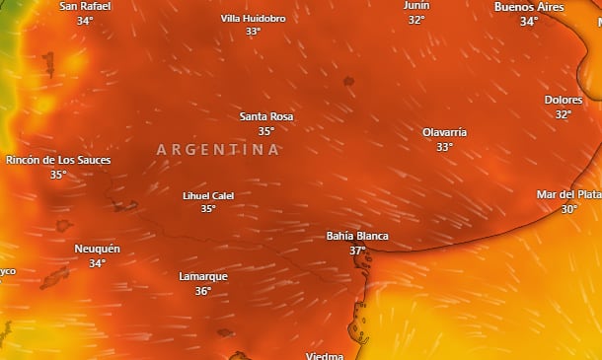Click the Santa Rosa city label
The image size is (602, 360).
coord(266,116)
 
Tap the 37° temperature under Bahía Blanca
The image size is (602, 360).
coord(357,251)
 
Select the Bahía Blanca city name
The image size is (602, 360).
coord(357,237)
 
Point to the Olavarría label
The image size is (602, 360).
coord(444,132)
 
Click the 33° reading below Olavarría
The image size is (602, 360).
coord(444,147)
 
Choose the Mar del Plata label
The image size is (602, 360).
coord(568,194)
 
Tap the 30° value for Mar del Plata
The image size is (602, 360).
coord(569,209)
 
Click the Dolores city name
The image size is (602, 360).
coord(563,100)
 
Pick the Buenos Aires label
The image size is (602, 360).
coord(529,7)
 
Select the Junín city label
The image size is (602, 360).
coord(416,6)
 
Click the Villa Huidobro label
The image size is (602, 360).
coord(253,18)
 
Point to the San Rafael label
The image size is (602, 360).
coord(85,6)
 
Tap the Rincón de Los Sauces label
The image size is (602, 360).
coord(58,160)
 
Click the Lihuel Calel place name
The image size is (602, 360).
coord(208,195)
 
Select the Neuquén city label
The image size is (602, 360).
coord(97,249)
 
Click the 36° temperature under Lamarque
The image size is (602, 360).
coord(203,291)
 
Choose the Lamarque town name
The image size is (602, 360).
coord(203,276)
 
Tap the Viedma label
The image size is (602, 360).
coord(325,355)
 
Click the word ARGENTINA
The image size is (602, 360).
coord(218,150)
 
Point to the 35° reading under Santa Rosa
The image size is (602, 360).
coord(266,131)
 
